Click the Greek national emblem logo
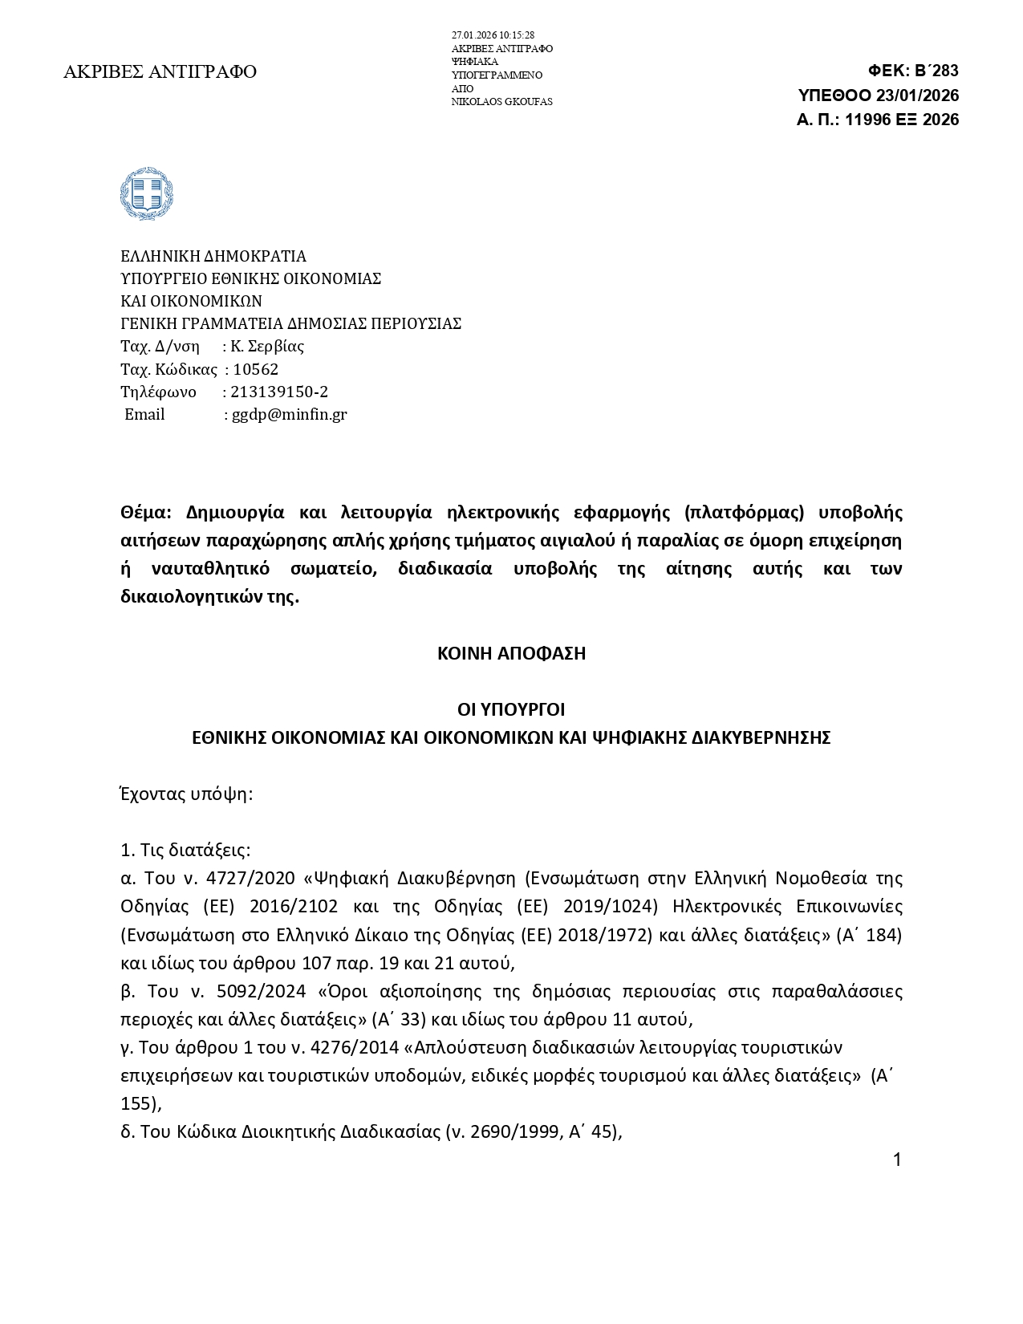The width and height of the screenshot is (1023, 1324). [x=146, y=194]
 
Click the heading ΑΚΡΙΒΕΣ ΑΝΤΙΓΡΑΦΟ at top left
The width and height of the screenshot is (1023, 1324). [x=160, y=72]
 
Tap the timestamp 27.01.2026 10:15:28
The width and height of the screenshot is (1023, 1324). [x=493, y=35]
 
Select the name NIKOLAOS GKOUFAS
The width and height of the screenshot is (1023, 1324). [x=501, y=102]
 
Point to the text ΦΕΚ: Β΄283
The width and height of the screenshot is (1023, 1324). [x=913, y=71]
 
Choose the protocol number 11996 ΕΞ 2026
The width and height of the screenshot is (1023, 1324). [x=902, y=120]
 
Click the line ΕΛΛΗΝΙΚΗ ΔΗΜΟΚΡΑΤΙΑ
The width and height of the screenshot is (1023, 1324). [x=213, y=257]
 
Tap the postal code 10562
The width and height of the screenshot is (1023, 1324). [x=256, y=370]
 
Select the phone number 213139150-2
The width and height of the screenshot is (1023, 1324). [x=279, y=392]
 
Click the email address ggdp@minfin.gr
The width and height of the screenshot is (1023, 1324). [x=290, y=415]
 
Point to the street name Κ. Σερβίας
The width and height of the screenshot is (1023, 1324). [x=267, y=347]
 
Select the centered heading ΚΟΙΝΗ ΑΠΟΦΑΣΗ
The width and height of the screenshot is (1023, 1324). [x=511, y=653]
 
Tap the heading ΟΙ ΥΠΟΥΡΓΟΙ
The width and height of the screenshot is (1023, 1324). [x=511, y=710]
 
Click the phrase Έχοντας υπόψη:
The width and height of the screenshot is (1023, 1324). [x=186, y=794]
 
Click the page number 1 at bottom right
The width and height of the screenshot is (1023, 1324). [x=897, y=1160]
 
